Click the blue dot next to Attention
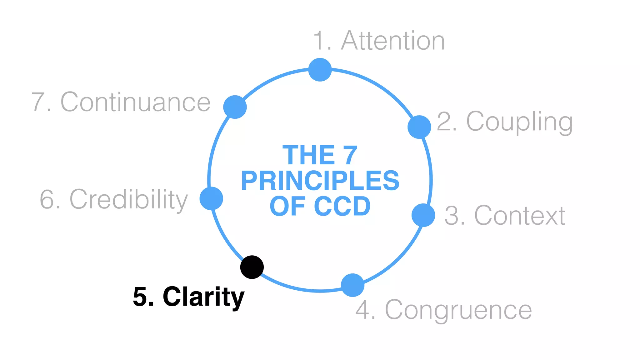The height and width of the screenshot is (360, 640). (320, 70)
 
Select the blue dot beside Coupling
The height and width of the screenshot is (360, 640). (419, 127)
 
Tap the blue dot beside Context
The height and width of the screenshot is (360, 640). (423, 215)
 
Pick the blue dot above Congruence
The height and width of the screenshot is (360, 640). (352, 285)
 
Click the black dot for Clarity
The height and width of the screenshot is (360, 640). (252, 267)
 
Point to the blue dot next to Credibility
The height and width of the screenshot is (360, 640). (211, 198)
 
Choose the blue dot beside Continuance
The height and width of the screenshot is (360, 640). (235, 107)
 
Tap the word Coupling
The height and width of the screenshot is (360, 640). (519, 122)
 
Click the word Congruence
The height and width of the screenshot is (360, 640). (458, 310)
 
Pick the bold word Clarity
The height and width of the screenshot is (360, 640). (203, 297)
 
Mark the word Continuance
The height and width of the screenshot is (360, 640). (135, 102)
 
